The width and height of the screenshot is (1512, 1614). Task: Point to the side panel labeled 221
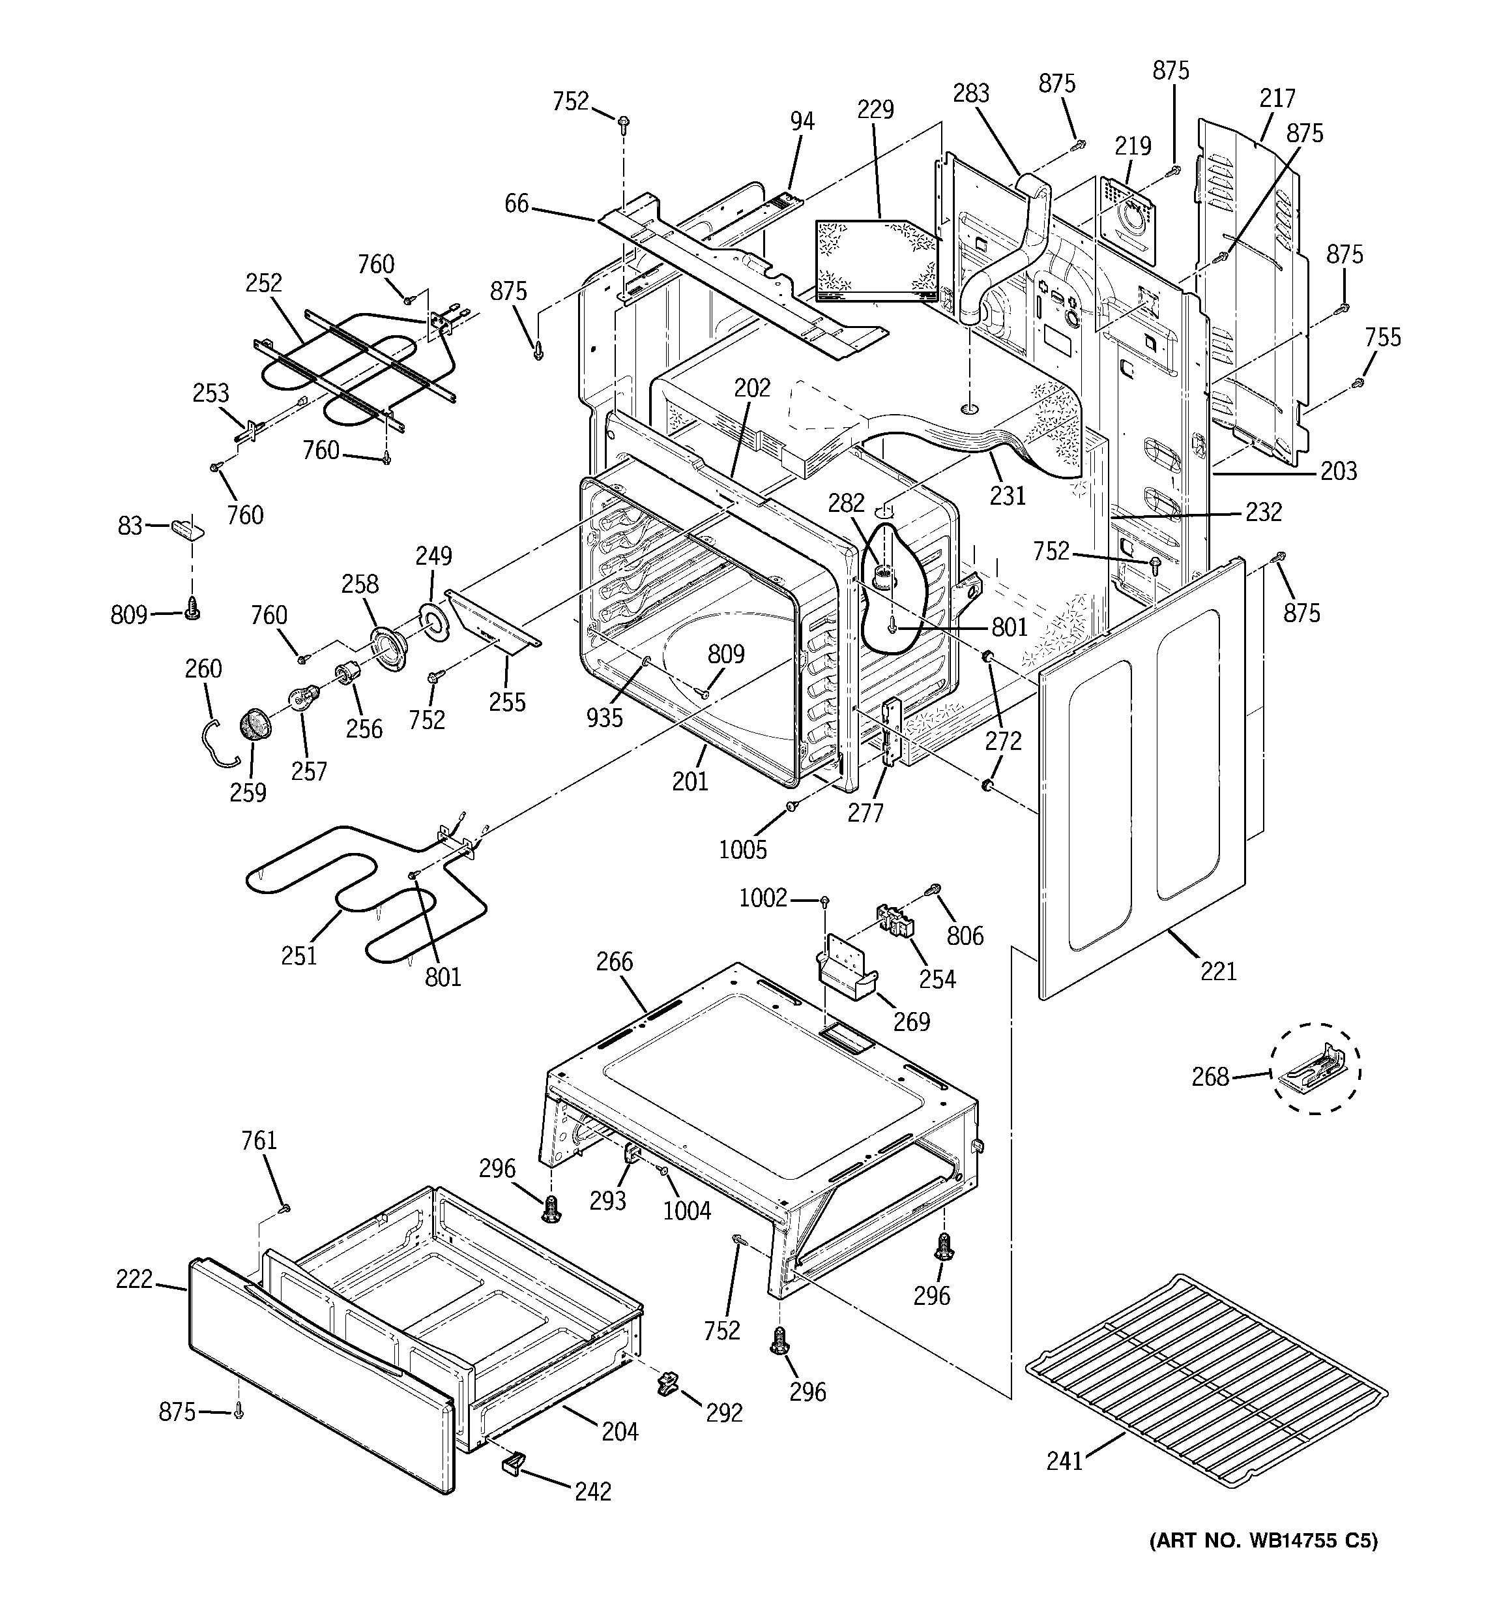[x=1144, y=779]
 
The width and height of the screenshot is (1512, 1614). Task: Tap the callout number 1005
[x=742, y=849]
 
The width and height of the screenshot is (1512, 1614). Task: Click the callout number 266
[x=615, y=961]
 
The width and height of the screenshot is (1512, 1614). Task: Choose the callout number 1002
[x=763, y=897]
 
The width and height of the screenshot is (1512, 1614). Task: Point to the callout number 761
[x=259, y=1141]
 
